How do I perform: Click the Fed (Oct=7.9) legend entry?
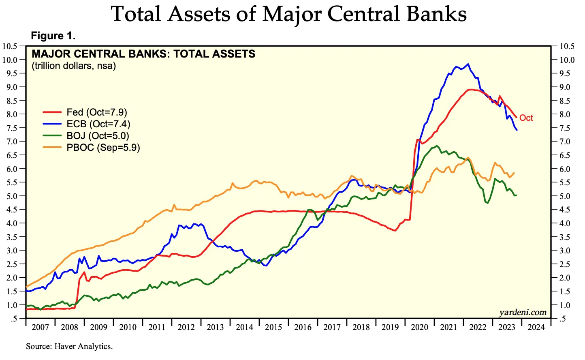(x=97, y=112)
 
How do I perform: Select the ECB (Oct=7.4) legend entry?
(x=98, y=124)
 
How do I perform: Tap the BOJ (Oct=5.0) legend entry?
(x=98, y=136)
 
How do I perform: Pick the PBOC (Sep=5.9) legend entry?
(x=103, y=148)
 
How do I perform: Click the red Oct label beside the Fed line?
(x=526, y=118)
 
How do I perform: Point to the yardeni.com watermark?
(x=523, y=312)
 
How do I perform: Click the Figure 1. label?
(x=53, y=36)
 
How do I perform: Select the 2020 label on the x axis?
(x=419, y=327)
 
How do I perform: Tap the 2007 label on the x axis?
(x=40, y=327)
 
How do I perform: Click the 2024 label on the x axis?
(x=536, y=327)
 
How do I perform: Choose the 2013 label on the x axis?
(x=215, y=327)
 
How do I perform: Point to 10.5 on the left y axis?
(x=10, y=46)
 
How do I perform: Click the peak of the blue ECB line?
(x=468, y=64)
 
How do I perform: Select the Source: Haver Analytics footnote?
(x=69, y=346)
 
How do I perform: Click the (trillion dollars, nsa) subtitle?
(x=74, y=66)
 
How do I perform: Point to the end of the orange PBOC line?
(x=514, y=173)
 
